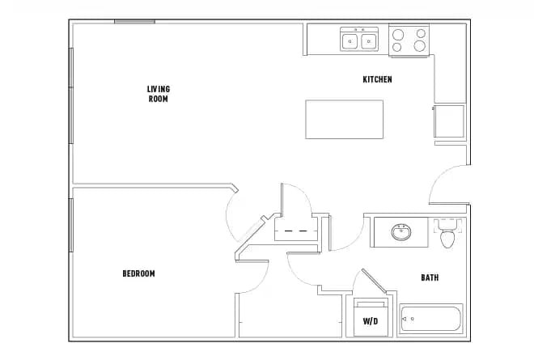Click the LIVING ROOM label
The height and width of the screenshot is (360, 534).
tap(158, 94)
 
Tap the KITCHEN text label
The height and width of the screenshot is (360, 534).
tap(377, 79)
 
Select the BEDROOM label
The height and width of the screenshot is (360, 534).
tap(138, 273)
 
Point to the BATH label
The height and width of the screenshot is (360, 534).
tap(430, 277)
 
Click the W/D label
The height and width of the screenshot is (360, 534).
tap(371, 321)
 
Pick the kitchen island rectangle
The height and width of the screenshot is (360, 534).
tap(344, 119)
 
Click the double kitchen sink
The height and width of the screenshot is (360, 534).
tap(360, 40)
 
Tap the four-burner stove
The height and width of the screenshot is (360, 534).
tap(409, 40)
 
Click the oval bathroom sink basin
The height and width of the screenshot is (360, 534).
tap(400, 233)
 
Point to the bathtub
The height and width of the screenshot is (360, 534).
tap(430, 319)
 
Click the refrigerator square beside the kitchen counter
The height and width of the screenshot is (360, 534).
tap(449, 121)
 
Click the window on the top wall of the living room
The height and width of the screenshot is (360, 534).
tap(134, 22)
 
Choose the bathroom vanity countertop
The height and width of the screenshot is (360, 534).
tap(400, 231)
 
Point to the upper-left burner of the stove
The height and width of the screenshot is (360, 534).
tap(398, 34)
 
